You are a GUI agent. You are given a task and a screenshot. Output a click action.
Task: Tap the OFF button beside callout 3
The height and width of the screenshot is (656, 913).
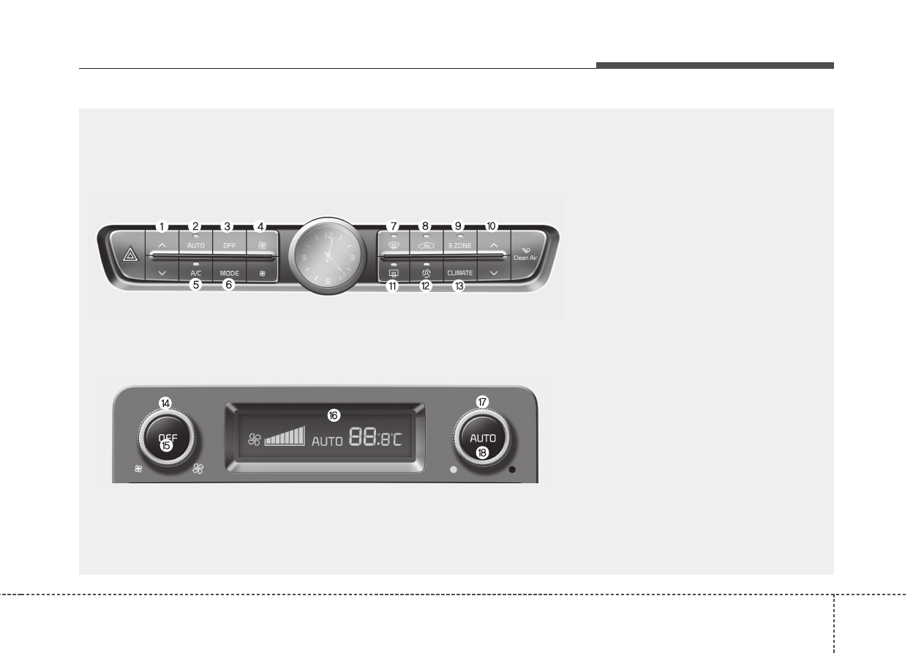point(229,245)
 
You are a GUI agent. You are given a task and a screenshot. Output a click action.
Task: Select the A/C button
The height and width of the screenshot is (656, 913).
point(195,272)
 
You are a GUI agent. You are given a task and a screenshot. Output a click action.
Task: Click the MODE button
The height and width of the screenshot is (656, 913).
point(229,273)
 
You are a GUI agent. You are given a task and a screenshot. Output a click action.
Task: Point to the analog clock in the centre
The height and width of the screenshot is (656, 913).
point(326,256)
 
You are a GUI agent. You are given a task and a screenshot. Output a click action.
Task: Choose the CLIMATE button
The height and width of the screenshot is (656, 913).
point(460,272)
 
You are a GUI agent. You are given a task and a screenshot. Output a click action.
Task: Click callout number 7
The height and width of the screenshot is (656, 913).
point(393,226)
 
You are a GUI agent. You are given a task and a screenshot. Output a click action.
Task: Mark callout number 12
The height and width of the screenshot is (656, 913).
point(427,286)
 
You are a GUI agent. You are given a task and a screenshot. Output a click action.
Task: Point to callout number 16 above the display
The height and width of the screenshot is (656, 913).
point(334,415)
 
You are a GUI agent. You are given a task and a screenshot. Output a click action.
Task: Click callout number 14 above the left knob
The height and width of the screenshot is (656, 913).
point(166,403)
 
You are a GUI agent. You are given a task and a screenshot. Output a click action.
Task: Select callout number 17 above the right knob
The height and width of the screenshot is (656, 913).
point(482,402)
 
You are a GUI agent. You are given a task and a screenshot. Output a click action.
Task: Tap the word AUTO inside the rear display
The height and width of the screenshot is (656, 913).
point(327,441)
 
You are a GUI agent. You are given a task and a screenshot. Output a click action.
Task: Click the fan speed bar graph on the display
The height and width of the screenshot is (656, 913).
point(285,437)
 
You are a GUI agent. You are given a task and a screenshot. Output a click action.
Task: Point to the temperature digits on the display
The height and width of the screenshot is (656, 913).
point(376,438)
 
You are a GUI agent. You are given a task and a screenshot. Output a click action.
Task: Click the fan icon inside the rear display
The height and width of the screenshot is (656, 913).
point(254,439)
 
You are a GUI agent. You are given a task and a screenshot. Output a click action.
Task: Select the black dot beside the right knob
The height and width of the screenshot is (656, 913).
point(512,469)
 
